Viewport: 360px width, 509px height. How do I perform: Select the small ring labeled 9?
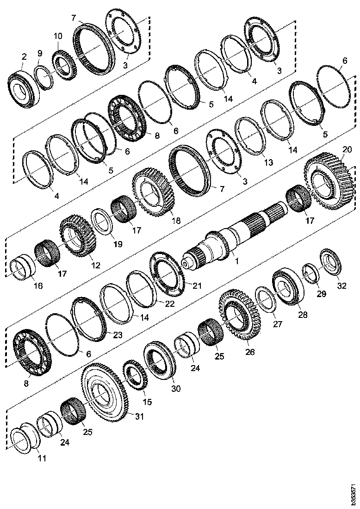coord(45,76)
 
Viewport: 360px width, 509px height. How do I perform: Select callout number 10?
coord(57,36)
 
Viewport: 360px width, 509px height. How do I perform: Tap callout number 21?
coord(197,286)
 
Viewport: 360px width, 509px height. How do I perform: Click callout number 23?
coord(118,335)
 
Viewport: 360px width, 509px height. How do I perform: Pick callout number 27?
coord(277,324)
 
